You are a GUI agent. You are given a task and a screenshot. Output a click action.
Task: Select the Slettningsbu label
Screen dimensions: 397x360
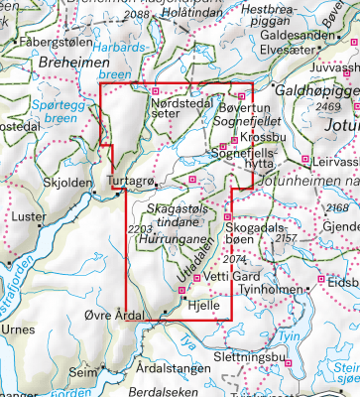(x=249, y=356)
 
